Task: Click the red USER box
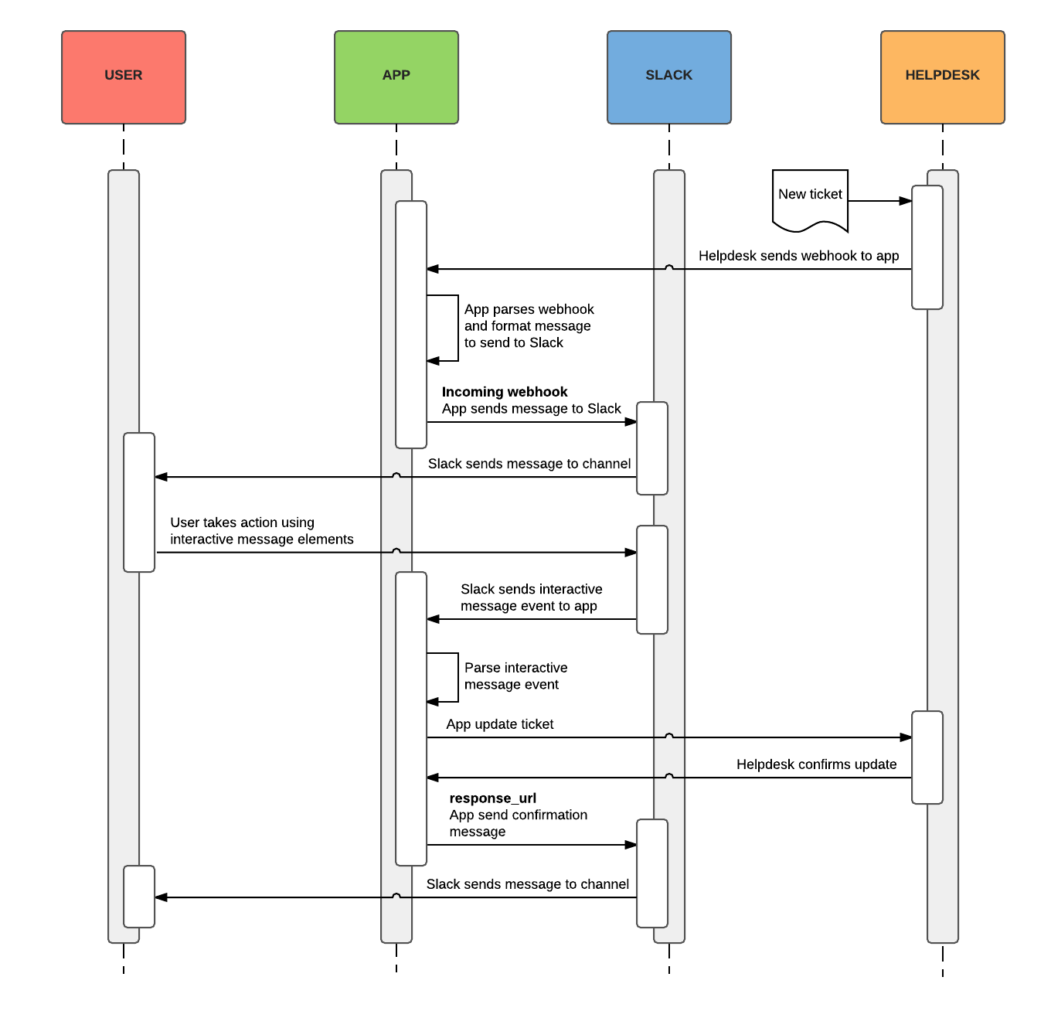[x=124, y=77]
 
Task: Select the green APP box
[x=396, y=77]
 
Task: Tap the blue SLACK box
[x=669, y=77]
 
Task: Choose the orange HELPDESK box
[x=942, y=77]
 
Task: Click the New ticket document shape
[x=810, y=199]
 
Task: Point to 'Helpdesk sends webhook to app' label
[x=798, y=256]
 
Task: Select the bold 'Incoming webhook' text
[x=505, y=392]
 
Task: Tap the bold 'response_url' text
[x=492, y=798]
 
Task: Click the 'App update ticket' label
[x=499, y=724]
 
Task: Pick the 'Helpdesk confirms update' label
[x=816, y=764]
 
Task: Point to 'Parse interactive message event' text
[x=515, y=676]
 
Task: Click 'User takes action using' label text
[x=243, y=523]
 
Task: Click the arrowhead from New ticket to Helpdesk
[x=906, y=201]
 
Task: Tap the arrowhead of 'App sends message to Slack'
[x=631, y=422]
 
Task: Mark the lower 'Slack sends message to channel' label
[x=527, y=884]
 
